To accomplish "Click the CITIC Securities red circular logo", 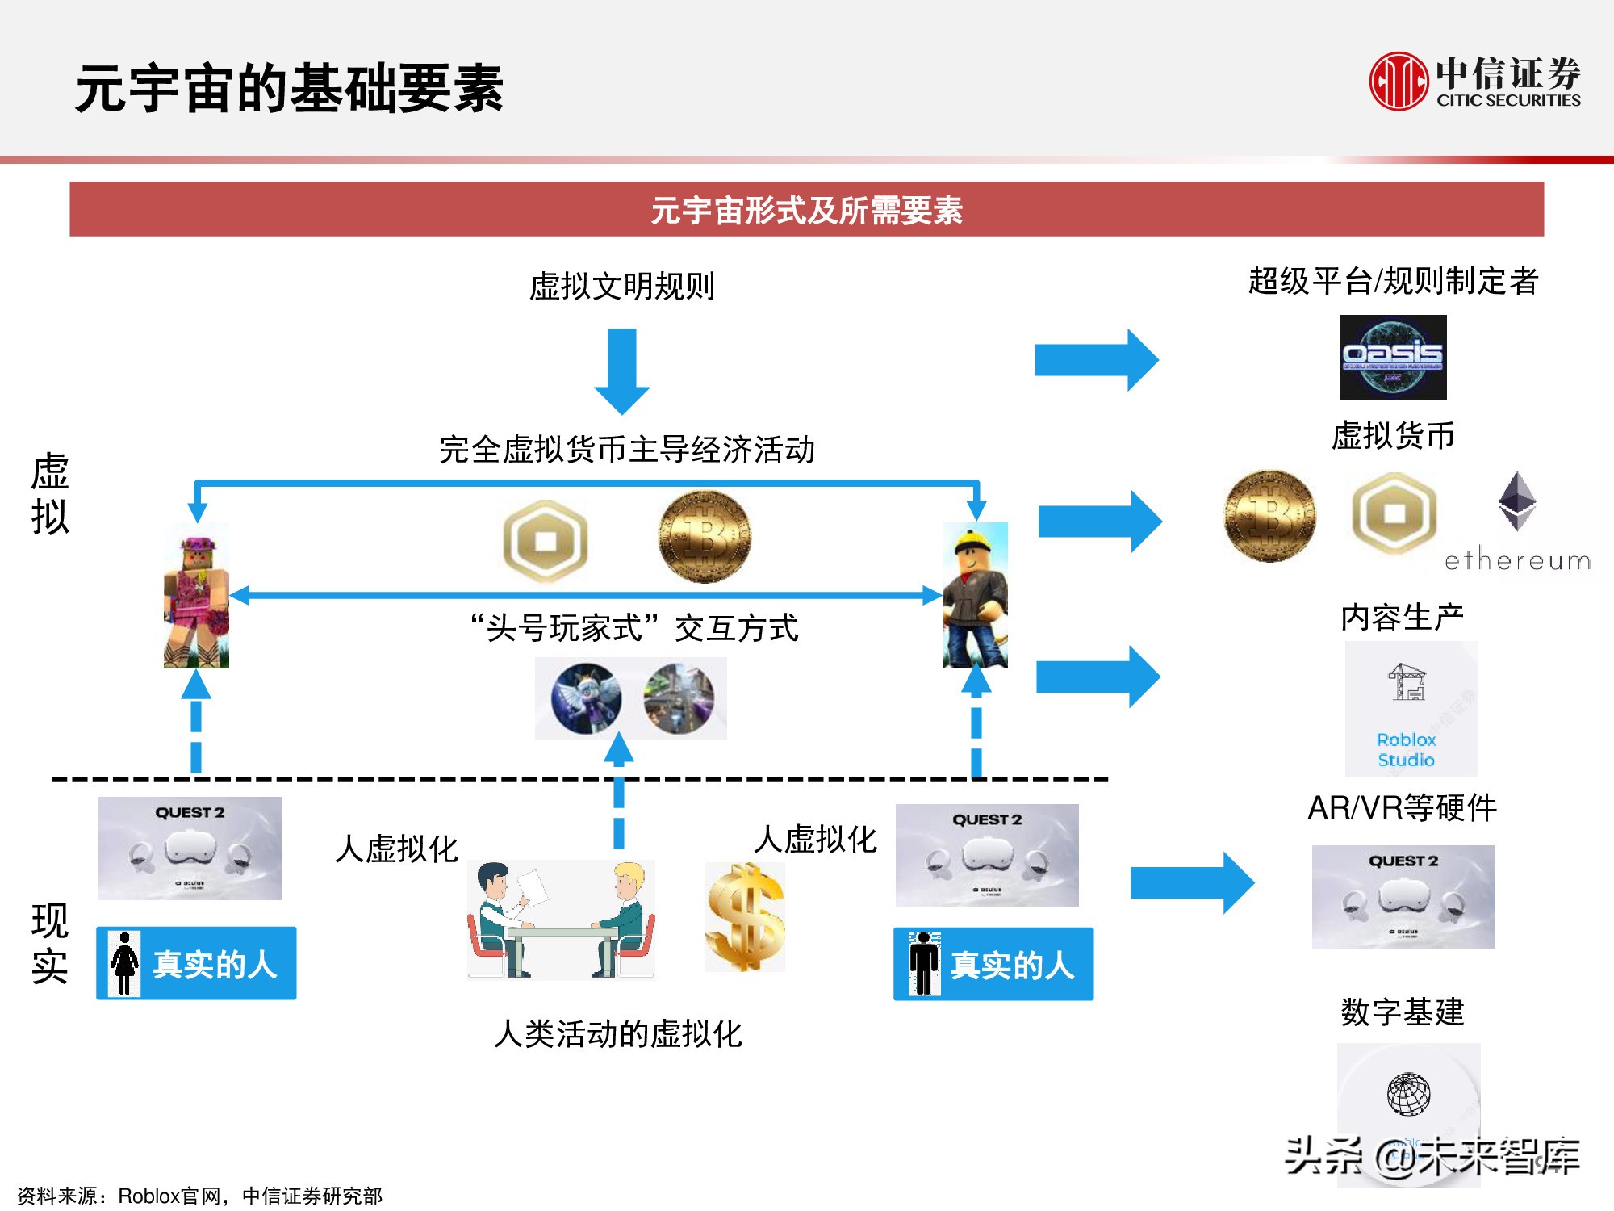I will click(1399, 81).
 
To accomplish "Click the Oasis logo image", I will click(1393, 357).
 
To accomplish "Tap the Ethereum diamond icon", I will click(1517, 501).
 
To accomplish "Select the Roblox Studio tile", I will click(1411, 709).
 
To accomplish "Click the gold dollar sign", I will click(745, 916).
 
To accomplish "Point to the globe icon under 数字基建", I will click(1408, 1095).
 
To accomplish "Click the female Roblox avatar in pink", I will click(196, 596).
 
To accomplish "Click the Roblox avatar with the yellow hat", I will click(975, 596).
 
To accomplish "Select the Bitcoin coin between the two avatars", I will click(705, 537).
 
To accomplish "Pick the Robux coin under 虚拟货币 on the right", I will click(1394, 513).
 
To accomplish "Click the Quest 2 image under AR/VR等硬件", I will click(1403, 896).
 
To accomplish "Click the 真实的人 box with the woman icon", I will click(196, 963).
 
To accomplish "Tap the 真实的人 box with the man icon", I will click(993, 964).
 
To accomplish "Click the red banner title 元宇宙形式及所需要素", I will click(806, 210).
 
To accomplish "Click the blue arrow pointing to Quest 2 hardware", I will click(1192, 882).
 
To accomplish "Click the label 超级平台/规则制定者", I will click(1393, 281).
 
